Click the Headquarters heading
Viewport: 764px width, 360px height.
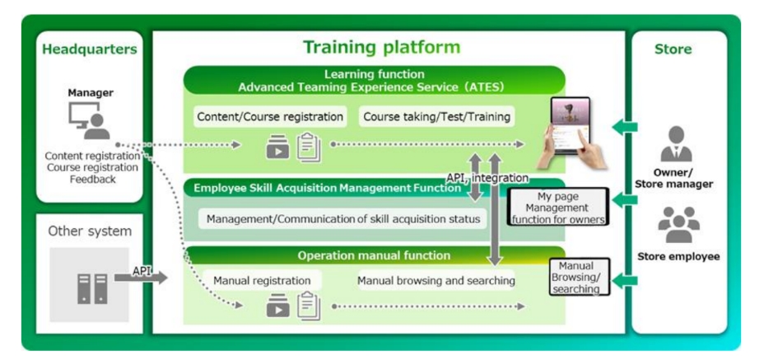(89, 49)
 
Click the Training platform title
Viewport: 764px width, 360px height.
(381, 47)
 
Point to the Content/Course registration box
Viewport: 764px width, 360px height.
(270, 117)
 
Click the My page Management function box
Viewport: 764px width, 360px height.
(558, 208)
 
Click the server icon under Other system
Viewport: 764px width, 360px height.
(92, 289)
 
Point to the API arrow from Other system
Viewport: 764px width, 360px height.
(141, 278)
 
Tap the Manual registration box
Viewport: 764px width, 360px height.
(262, 280)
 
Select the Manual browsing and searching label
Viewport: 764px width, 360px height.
(436, 280)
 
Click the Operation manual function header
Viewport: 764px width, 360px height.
(375, 255)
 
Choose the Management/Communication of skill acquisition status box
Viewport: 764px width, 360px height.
(343, 219)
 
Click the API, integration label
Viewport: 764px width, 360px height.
(487, 178)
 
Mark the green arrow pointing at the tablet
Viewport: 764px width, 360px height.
(624, 128)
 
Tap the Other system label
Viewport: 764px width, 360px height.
(90, 231)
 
